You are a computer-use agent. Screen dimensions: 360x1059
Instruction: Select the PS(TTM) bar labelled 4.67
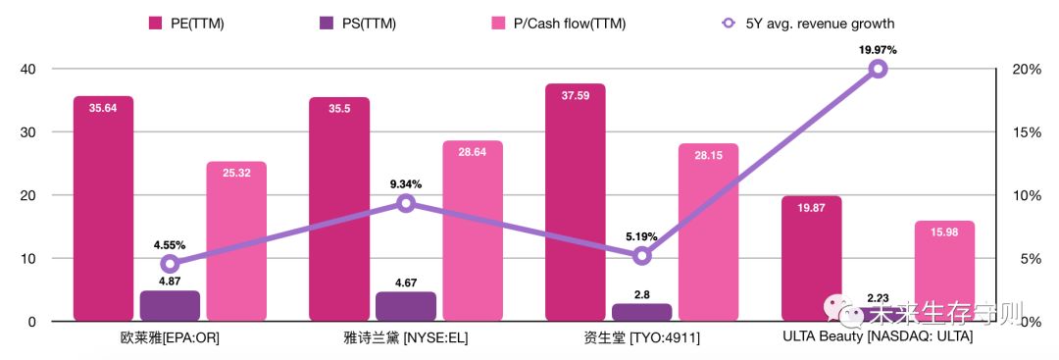(x=405, y=306)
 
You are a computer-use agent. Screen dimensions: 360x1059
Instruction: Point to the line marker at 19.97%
(x=878, y=69)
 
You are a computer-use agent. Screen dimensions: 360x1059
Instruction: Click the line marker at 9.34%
(x=406, y=203)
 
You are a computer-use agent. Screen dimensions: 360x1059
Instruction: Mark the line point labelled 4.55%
(x=170, y=263)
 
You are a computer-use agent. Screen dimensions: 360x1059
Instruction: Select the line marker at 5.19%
(x=641, y=256)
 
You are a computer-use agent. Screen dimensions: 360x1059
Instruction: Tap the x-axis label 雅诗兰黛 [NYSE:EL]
(x=405, y=337)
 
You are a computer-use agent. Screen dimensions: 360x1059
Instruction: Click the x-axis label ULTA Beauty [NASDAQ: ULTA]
(x=878, y=337)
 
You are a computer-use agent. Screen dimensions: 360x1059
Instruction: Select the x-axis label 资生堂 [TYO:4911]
(x=641, y=337)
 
